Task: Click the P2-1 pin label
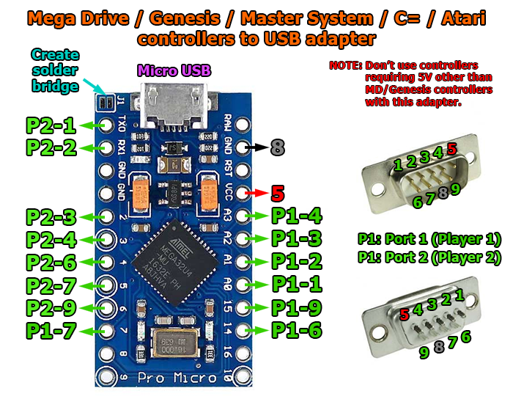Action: [51, 125]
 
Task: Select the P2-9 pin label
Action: [51, 307]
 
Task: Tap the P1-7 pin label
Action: [51, 331]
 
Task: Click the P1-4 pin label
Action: [297, 216]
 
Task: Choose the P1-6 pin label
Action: [297, 330]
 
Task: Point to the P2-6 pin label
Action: [51, 262]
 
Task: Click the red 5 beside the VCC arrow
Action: [277, 194]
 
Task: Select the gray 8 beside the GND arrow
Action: [277, 147]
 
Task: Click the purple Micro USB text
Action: [174, 71]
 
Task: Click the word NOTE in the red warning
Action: [344, 65]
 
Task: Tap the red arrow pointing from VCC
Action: [255, 194]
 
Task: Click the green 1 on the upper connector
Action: [398, 165]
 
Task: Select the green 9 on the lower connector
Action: [424, 353]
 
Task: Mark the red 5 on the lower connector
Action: [405, 314]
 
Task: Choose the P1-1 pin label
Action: [297, 284]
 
